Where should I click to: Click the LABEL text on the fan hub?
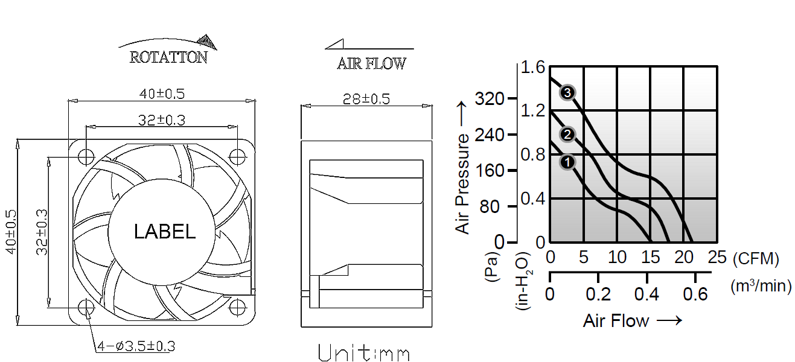click(x=165, y=232)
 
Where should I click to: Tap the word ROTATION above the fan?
click(x=168, y=57)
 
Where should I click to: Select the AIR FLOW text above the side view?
click(x=371, y=63)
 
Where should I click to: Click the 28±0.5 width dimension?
click(x=366, y=99)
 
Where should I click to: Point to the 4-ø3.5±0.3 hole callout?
click(x=136, y=346)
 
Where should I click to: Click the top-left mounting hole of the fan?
click(x=86, y=156)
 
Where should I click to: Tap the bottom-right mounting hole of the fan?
click(x=237, y=308)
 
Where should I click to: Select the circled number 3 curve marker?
click(x=567, y=93)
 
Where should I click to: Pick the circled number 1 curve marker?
click(x=567, y=162)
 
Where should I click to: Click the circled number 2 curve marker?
click(x=567, y=135)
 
